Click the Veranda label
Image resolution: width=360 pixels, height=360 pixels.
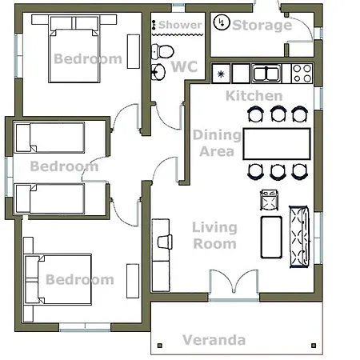214,340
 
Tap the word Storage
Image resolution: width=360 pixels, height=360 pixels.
262,26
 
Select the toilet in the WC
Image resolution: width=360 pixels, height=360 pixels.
162,51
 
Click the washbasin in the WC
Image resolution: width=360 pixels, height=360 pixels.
158,72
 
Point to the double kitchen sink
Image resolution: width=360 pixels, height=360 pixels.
266,74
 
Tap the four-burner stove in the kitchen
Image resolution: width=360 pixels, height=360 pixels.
302,74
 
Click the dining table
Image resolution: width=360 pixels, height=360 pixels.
277,144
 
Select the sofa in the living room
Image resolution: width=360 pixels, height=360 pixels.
299,237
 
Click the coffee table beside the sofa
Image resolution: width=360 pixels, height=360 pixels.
271,238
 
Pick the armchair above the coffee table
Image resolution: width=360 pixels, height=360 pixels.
270,200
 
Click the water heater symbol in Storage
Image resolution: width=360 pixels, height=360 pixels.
222,22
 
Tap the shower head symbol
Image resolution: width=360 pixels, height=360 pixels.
154,25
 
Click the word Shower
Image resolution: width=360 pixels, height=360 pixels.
180,25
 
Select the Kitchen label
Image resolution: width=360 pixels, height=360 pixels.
254,96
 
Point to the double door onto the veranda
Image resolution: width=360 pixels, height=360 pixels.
234,285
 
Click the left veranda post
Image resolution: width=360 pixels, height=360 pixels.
160,346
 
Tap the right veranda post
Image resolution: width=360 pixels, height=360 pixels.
314,346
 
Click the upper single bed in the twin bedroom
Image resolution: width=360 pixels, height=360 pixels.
50,138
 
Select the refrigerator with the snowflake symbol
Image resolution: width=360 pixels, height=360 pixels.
221,74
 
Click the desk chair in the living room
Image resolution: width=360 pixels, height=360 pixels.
165,242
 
